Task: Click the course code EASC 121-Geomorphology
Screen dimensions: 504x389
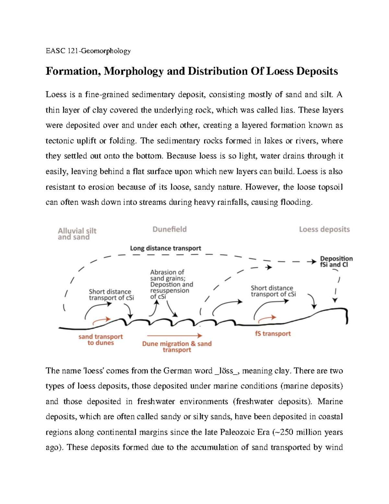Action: pyautogui.click(x=88, y=51)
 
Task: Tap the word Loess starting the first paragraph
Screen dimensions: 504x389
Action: pyautogui.click(x=56, y=94)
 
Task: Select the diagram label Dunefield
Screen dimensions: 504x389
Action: pyautogui.click(x=170, y=229)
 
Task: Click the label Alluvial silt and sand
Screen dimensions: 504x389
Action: pyautogui.click(x=77, y=234)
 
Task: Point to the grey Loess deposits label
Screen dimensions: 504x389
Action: pyautogui.click(x=324, y=229)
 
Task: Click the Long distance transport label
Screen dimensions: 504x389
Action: pyautogui.click(x=165, y=248)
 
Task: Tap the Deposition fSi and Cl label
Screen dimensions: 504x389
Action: pyautogui.click(x=336, y=262)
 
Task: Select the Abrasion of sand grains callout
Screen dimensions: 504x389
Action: pyautogui.click(x=171, y=284)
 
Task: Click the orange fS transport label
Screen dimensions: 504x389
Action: pyautogui.click(x=273, y=334)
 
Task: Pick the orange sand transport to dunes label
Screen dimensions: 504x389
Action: pyautogui.click(x=100, y=339)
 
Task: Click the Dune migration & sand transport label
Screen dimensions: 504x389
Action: pyautogui.click(x=177, y=347)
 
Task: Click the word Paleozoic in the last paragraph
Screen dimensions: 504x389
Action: pyautogui.click(x=237, y=432)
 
